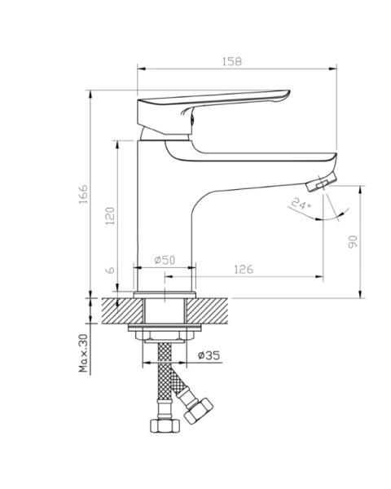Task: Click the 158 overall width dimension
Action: pos(232,61)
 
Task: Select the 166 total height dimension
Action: pos(83,194)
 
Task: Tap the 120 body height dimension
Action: pos(110,216)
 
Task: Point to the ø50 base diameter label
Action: pos(165,259)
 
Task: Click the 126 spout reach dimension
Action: pos(244,269)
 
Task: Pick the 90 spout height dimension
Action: pos(353,242)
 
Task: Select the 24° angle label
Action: pos(301,204)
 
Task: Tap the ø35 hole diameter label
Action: pos(209,355)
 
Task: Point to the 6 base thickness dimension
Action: pos(111,270)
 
